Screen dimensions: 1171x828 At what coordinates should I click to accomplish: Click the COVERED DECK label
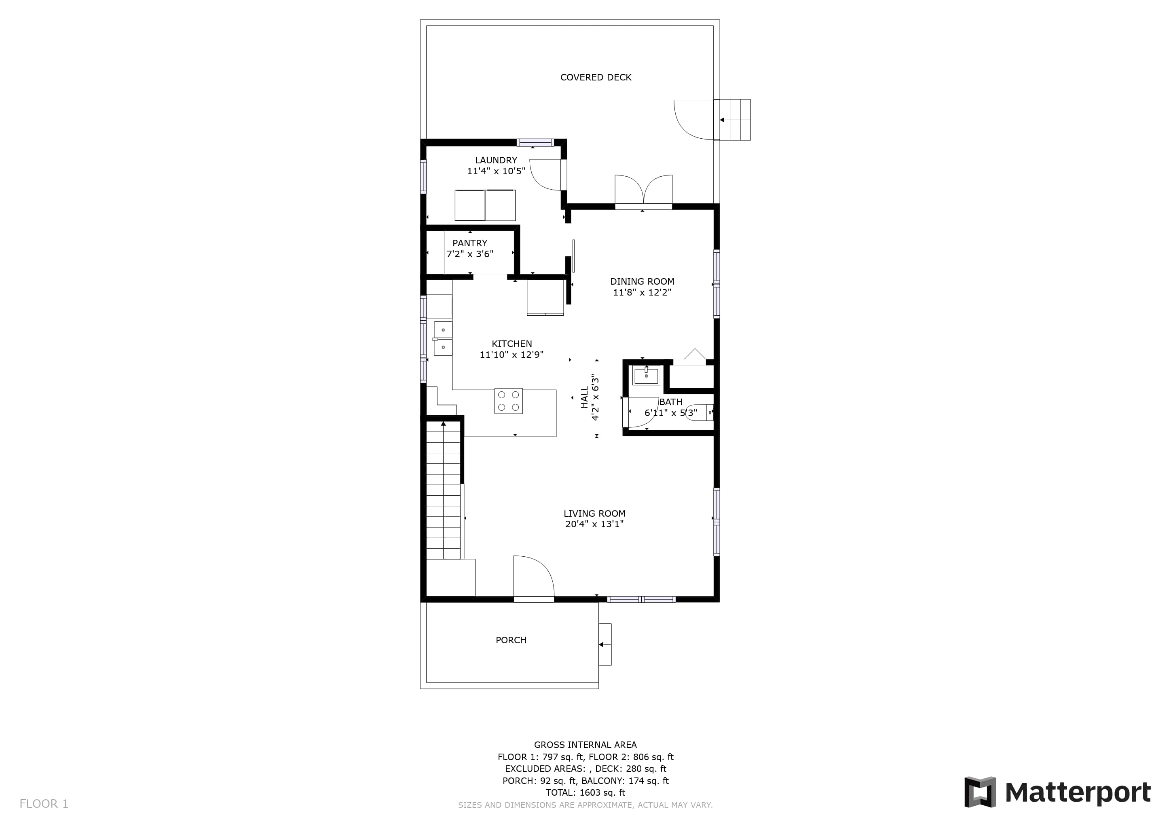[x=596, y=78]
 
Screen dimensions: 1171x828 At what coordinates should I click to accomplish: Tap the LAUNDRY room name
[x=496, y=160]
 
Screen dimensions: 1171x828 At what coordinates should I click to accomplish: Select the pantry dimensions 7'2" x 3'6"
[x=470, y=254]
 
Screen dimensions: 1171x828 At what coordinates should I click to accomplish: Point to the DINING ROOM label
[x=642, y=281]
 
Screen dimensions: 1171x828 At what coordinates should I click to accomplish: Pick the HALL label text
[x=584, y=397]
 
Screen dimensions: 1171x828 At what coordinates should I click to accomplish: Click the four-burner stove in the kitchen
[x=509, y=401]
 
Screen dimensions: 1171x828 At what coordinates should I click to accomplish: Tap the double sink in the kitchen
[x=443, y=338]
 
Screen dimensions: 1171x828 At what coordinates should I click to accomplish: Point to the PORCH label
[x=511, y=640]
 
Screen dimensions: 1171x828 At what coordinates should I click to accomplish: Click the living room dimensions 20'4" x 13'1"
[x=594, y=524]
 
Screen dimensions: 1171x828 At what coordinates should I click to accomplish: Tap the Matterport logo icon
[x=980, y=792]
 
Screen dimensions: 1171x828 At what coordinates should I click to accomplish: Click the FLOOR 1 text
[x=44, y=804]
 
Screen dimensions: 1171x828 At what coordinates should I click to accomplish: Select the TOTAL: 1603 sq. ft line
[x=585, y=793]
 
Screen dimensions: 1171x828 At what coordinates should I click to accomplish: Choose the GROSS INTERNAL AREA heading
[x=585, y=745]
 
